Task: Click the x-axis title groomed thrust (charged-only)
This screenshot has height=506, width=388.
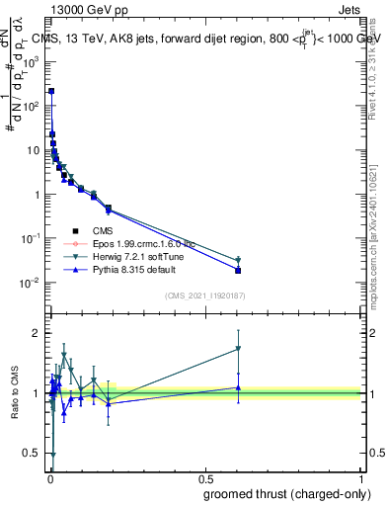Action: coord(287,494)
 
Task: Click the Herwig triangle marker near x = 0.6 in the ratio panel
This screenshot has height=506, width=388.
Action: coord(238,349)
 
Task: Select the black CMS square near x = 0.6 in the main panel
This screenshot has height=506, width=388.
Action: coord(238,270)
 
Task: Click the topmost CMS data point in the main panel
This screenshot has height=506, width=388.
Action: coord(51,91)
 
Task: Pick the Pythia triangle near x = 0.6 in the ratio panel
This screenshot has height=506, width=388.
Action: coord(238,387)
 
